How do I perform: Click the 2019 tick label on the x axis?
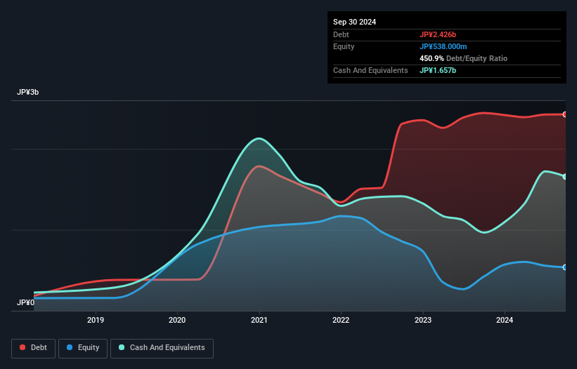coord(96,320)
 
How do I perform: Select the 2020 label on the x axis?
coord(178,320)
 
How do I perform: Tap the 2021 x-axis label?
coord(259,320)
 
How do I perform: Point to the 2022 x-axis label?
coord(341,320)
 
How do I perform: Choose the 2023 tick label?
coord(423,320)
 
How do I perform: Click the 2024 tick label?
coord(505,320)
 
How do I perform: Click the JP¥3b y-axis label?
coord(28,93)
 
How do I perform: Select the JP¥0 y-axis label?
coord(26,302)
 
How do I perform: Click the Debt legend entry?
coord(33,348)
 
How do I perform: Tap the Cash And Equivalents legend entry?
coord(162,348)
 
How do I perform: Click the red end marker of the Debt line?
coord(565,114)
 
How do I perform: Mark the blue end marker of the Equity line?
coord(565,267)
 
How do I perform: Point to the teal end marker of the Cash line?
coord(565,177)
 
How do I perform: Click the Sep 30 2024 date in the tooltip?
coord(355,22)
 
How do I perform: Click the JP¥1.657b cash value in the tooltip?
coord(440,70)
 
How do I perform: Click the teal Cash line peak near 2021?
coord(260,138)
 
